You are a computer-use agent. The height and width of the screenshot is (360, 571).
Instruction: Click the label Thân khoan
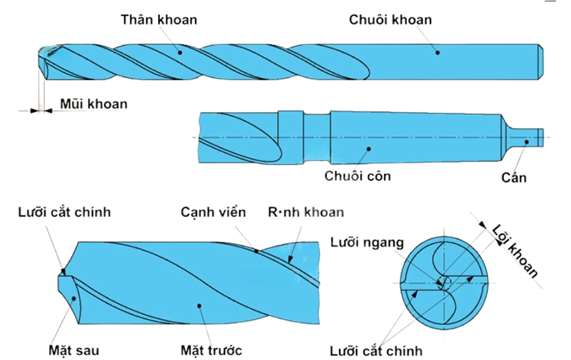159,19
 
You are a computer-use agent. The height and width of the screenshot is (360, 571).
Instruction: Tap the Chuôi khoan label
391,19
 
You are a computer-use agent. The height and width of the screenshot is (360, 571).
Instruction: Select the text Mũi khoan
94,105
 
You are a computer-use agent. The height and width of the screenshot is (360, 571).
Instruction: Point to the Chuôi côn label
358,175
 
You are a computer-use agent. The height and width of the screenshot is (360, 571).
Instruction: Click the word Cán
514,178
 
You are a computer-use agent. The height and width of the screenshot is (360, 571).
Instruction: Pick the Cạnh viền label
214,213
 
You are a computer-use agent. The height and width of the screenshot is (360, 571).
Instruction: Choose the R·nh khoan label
306,213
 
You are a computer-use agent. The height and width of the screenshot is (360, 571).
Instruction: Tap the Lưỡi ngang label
367,242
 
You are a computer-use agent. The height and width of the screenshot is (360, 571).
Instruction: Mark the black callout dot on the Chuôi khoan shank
438,53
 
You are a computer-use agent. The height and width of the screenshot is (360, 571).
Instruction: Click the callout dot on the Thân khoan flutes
179,52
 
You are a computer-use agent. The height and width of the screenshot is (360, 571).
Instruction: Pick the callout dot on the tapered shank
369,149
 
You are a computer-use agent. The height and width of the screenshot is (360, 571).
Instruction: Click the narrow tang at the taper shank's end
525,137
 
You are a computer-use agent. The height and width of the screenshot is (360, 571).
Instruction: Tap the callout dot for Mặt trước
199,306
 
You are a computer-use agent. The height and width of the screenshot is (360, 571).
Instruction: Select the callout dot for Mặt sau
75,298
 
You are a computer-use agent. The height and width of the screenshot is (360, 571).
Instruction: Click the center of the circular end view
444,282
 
